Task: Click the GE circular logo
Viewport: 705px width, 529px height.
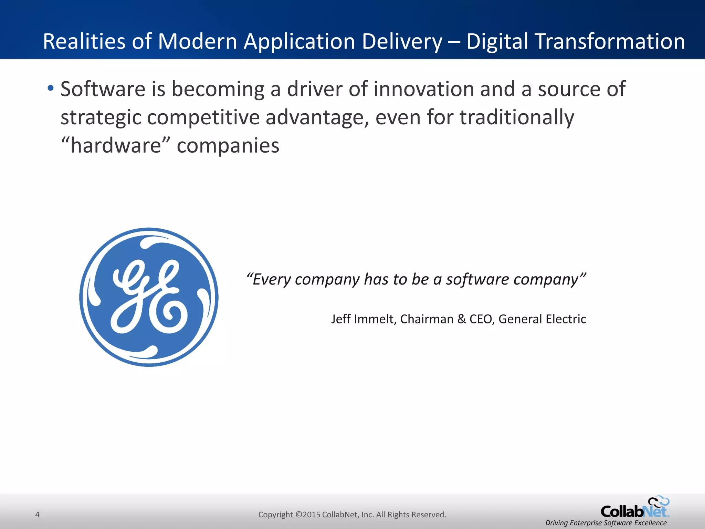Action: point(149,297)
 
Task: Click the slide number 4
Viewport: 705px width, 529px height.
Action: point(38,515)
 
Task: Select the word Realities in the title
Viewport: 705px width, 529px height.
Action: point(85,41)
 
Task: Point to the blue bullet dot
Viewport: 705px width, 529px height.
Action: point(51,88)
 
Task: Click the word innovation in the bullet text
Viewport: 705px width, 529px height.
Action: point(424,89)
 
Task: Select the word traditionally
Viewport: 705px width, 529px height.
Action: point(517,117)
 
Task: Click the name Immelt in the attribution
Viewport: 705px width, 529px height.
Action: point(375,319)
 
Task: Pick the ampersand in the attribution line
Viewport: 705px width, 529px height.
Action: point(461,319)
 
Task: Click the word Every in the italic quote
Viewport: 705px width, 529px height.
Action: point(272,279)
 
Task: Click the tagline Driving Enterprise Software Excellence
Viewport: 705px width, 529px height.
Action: point(606,523)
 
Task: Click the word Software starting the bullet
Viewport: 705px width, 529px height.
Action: point(103,89)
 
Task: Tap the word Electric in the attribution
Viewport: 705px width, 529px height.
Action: point(566,319)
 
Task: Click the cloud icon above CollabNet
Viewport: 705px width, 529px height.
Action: point(659,501)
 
